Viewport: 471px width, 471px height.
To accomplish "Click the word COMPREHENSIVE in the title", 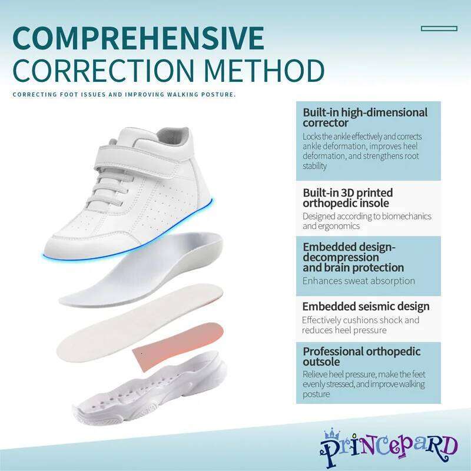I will [x=138, y=38].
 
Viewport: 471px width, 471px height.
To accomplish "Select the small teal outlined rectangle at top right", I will [x=439, y=28].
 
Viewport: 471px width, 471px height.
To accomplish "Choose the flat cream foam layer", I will [x=141, y=318].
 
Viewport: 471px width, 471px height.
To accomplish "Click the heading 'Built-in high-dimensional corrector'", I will [x=365, y=117].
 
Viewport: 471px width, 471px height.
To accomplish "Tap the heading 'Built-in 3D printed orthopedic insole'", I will [x=347, y=198].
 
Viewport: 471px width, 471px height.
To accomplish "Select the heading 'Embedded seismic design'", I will [x=366, y=306].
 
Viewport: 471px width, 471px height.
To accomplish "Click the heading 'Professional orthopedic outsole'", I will [x=361, y=356].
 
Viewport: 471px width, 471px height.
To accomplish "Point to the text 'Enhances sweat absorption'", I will [x=359, y=281].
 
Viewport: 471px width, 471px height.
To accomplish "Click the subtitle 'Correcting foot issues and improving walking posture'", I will [x=124, y=94].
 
